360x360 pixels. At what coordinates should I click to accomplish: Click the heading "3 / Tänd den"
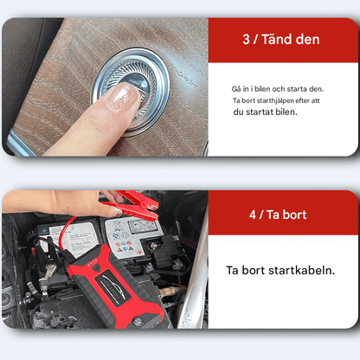(x=281, y=39)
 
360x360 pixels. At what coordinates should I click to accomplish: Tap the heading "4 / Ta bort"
(x=278, y=215)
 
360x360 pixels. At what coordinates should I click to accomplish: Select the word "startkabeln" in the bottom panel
(x=302, y=270)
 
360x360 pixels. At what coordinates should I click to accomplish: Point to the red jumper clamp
(x=133, y=204)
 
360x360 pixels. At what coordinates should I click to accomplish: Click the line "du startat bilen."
(x=265, y=112)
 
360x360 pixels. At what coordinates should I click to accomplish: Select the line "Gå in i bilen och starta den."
(x=278, y=89)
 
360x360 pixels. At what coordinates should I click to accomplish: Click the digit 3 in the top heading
(x=246, y=40)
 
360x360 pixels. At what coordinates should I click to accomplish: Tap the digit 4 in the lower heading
(x=253, y=215)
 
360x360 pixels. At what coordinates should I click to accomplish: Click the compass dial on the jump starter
(x=137, y=321)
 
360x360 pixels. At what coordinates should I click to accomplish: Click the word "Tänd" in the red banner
(x=276, y=39)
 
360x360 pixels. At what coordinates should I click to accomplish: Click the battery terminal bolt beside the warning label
(x=153, y=246)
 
